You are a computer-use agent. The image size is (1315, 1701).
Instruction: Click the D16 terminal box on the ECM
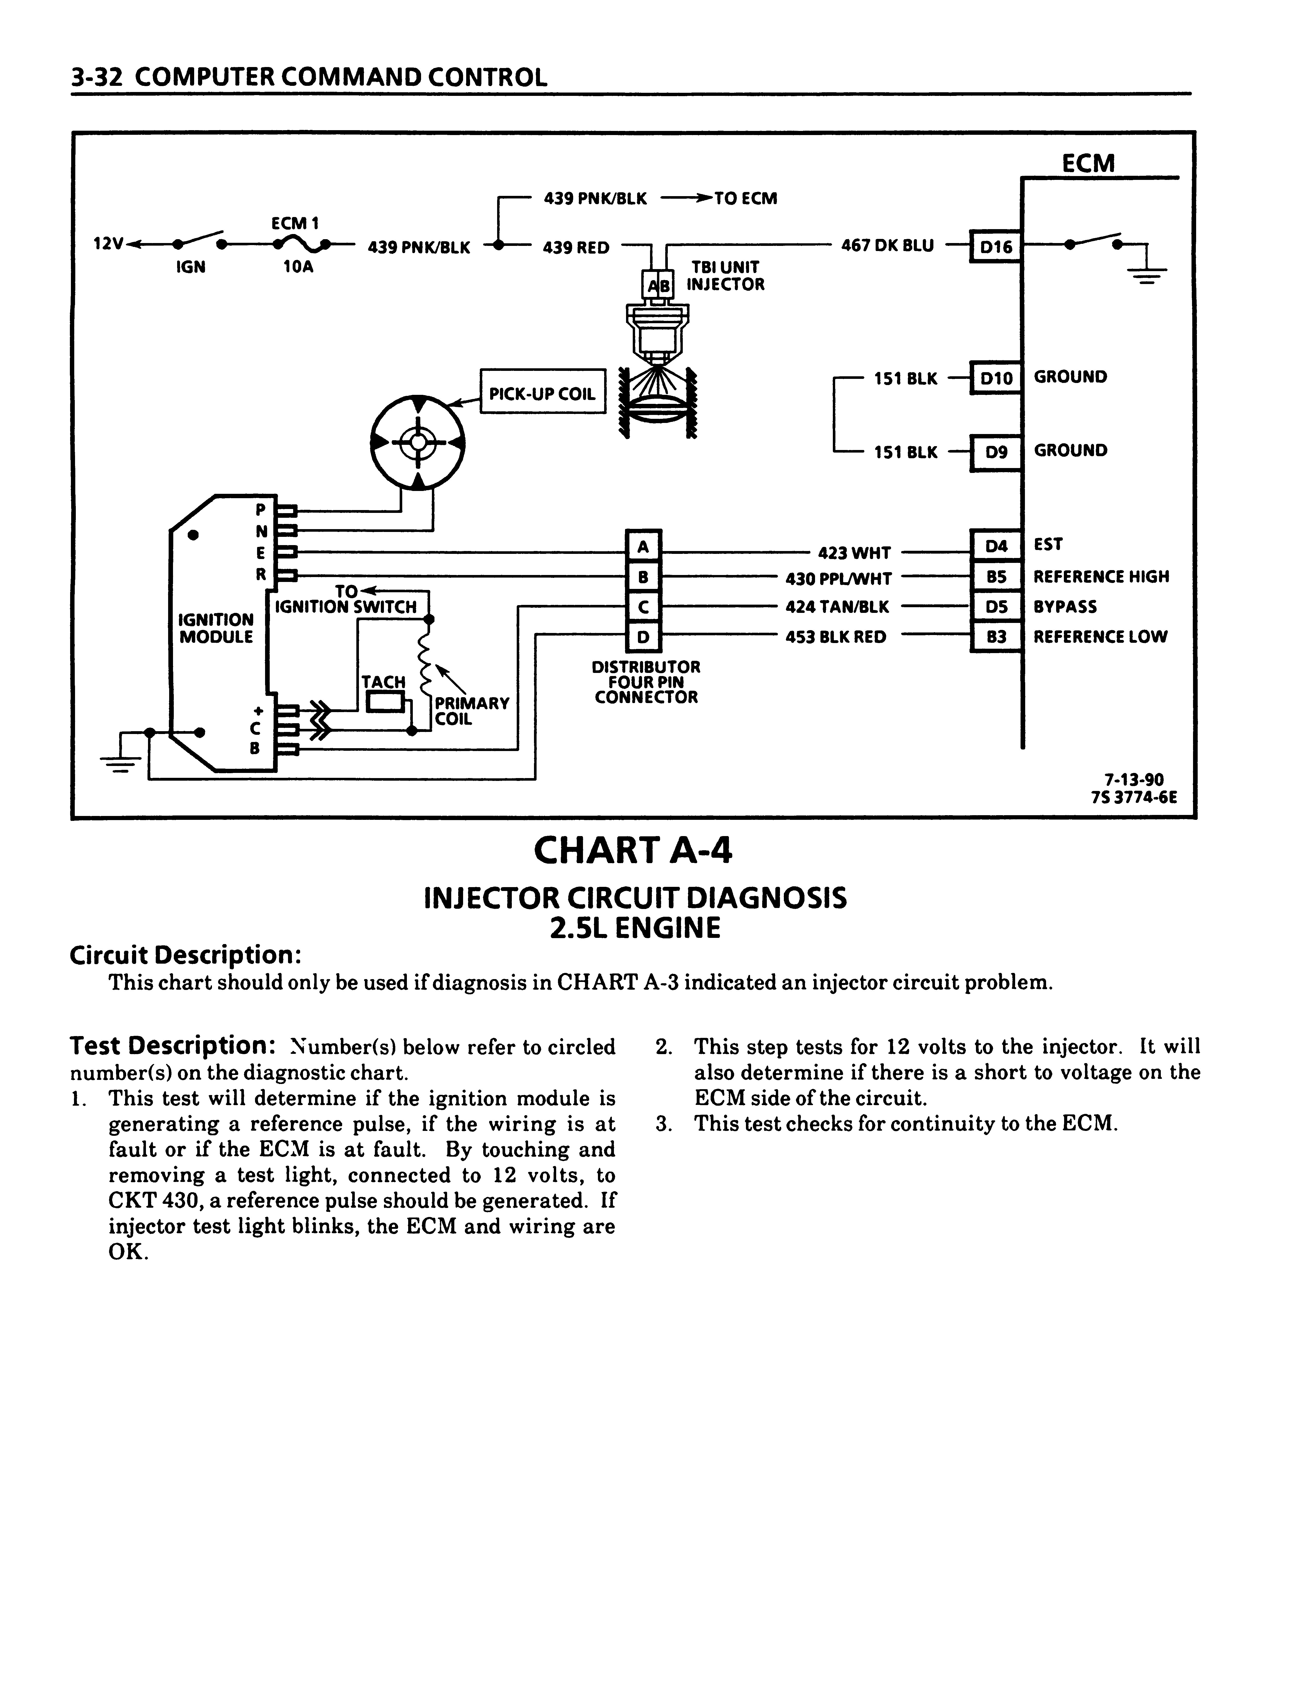click(x=996, y=247)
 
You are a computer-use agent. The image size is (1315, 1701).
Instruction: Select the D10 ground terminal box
click(x=996, y=379)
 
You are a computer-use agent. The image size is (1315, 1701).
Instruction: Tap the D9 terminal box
click(x=996, y=452)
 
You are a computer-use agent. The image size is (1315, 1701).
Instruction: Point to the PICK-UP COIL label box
click(x=542, y=392)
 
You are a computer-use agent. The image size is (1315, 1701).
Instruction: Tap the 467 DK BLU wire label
click(x=887, y=245)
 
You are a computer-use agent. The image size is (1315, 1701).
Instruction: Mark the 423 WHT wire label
click(x=854, y=553)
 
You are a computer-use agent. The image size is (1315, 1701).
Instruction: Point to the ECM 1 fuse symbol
click(x=300, y=245)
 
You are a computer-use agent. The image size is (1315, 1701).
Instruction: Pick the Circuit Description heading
click(x=185, y=955)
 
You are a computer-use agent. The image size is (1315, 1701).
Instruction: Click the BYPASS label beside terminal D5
click(x=1065, y=607)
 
